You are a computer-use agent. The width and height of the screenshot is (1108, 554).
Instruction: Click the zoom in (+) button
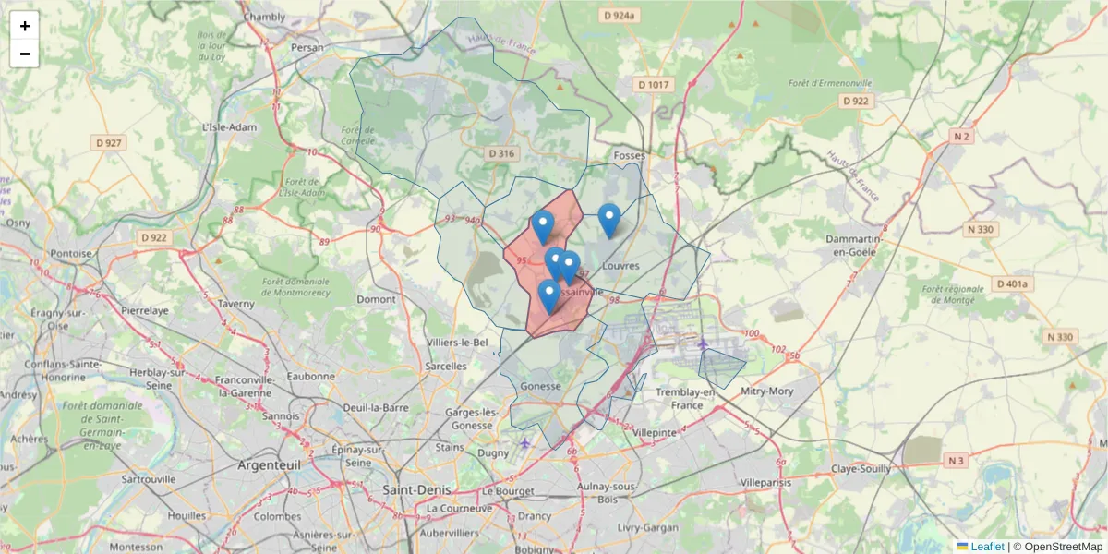coord(24,26)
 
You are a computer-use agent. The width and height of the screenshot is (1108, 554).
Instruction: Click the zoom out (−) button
coord(24,54)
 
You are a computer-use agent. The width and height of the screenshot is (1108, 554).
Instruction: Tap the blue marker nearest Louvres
coord(608,220)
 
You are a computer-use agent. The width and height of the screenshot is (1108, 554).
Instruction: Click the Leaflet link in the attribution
coord(987,547)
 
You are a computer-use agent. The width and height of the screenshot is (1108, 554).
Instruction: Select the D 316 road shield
coord(500,153)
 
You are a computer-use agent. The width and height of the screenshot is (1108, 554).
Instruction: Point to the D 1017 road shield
coord(654,85)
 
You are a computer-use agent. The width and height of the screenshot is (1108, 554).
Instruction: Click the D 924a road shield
coord(619,16)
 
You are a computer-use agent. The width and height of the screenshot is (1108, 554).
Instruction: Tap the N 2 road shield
coord(961,137)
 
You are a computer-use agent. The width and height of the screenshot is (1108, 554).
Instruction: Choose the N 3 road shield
coord(956,460)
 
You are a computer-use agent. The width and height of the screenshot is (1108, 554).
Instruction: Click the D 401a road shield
coord(1012,283)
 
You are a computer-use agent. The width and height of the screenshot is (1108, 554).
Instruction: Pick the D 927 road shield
coord(108,142)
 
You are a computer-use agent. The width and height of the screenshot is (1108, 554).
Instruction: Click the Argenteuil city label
coord(270,464)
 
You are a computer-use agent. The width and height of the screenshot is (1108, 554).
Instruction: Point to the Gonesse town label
coord(541,386)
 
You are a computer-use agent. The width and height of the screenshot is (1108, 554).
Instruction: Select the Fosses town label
coord(629,156)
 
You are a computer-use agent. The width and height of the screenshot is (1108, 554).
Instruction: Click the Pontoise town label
coord(71,253)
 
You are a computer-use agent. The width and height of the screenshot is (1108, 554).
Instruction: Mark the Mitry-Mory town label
coord(767,391)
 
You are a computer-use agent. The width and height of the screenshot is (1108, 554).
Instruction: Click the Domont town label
coord(376,299)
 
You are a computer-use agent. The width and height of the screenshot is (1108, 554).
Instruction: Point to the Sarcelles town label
coord(447,366)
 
